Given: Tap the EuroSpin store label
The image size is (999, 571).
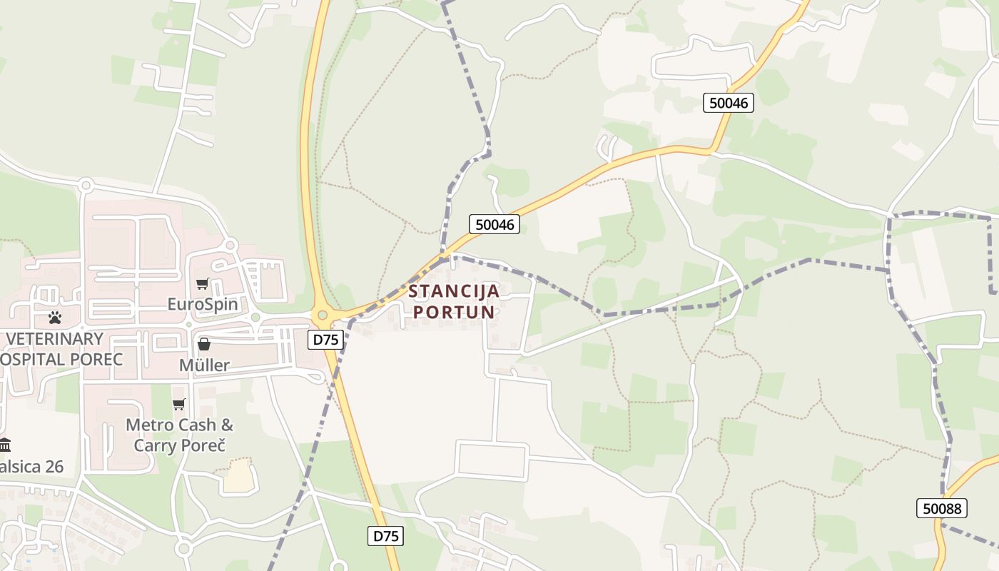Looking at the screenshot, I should pos(203,304).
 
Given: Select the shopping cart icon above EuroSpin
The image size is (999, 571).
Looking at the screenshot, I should pos(203,283).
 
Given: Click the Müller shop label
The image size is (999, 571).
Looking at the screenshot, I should pos(204,365).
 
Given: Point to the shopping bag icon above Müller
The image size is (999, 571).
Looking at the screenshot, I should pos(204,344).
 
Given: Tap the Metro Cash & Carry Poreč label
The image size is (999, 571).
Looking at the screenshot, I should pos(179,435).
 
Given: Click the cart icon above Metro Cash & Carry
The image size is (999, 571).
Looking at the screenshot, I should pos(178,404).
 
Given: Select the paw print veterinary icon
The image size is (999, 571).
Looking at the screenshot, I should pos(55,317).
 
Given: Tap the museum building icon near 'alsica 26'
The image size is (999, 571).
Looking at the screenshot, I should pos(5,445).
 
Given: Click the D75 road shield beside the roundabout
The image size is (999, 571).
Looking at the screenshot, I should pos(326,340).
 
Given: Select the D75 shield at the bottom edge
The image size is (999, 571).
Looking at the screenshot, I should pos(385,536).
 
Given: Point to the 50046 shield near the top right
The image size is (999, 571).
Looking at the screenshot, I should pos(729,103).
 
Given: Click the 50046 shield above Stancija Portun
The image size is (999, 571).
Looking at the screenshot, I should pos(495,224).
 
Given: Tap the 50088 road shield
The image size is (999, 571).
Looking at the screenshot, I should pos(942,508).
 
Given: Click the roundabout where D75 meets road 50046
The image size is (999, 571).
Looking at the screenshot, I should pos(323,314).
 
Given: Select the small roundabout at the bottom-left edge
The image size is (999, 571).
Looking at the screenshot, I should pos(183,549).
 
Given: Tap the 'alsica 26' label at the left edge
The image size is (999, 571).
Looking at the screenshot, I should pos(31,467).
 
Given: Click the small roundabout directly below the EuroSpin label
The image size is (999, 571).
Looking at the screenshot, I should pos(255,318).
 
